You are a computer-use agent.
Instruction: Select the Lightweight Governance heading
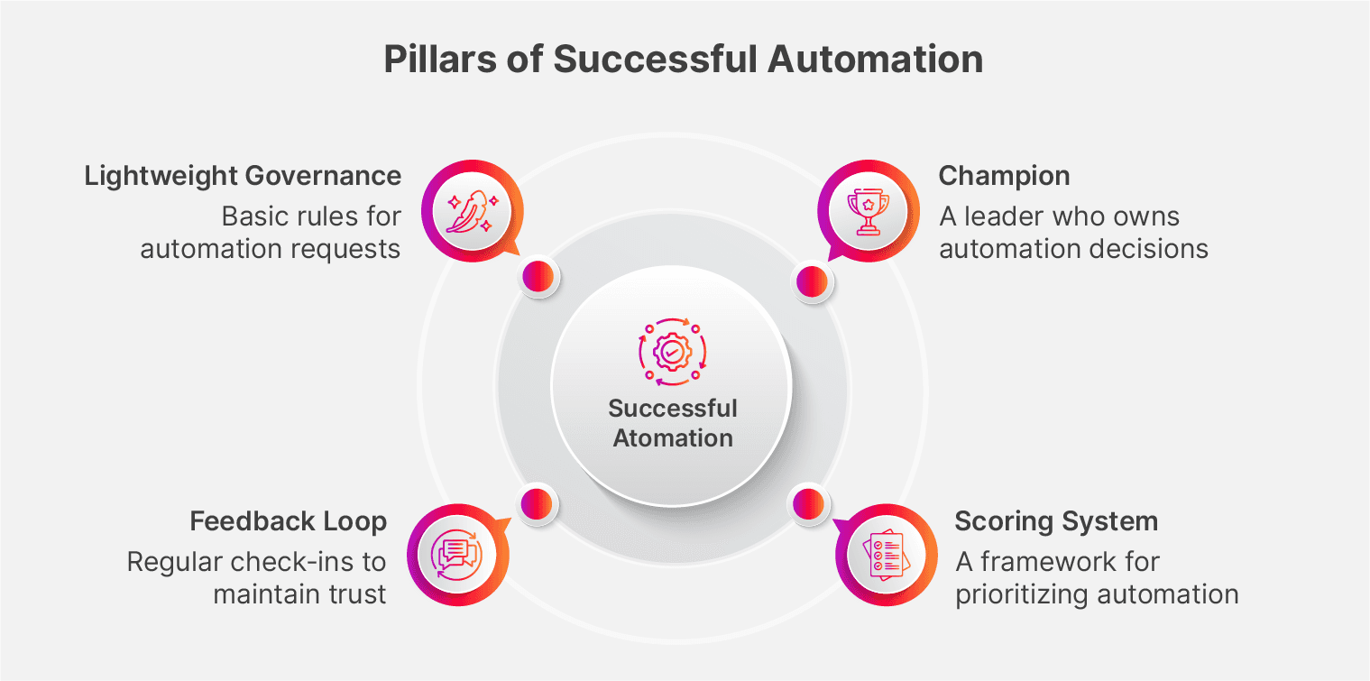(x=243, y=175)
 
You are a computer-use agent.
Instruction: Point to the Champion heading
(x=1004, y=175)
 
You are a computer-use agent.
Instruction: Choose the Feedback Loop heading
(x=288, y=520)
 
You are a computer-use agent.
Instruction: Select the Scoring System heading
(x=1056, y=520)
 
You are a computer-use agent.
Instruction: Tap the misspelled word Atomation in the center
(x=673, y=438)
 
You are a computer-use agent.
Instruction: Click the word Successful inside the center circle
(x=673, y=408)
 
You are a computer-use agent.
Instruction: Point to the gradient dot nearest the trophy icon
(x=811, y=279)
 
